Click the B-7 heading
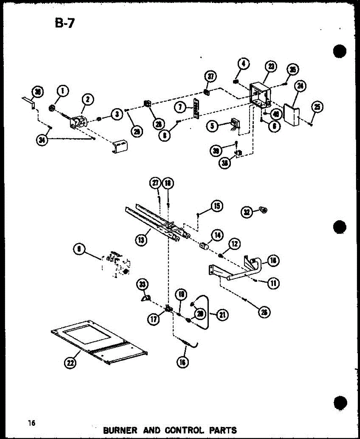(64, 25)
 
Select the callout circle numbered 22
(69, 363)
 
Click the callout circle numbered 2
(88, 99)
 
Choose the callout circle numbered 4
(244, 64)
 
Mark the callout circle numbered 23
(271, 67)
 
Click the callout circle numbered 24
(301, 86)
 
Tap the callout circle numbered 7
(180, 108)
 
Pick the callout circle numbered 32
(247, 211)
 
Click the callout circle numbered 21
(221, 315)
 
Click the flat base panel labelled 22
(99, 340)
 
